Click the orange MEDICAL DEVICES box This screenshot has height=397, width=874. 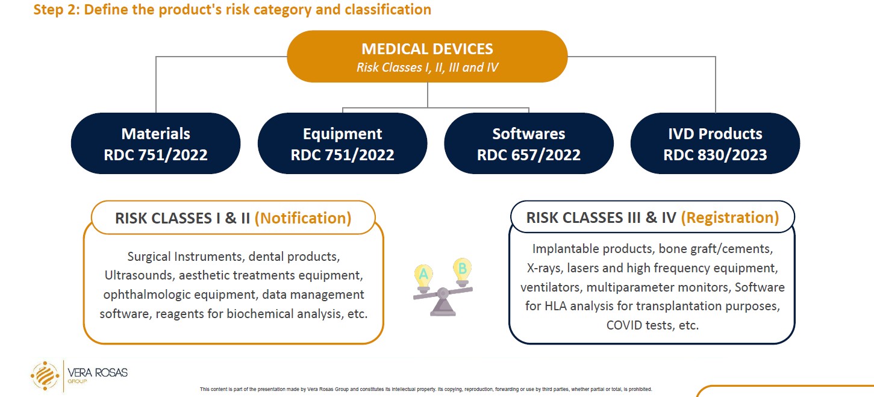pyautogui.click(x=427, y=57)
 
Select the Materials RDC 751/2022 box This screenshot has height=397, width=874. pyautogui.click(x=155, y=143)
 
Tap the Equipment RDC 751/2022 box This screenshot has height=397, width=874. pyautogui.click(x=342, y=143)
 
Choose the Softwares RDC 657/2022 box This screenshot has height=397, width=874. pyautogui.click(x=529, y=143)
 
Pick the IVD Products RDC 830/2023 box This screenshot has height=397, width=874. pyautogui.click(x=715, y=143)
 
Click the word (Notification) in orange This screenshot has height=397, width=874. pyautogui.click(x=303, y=218)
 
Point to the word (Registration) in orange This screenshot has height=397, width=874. pyautogui.click(x=729, y=217)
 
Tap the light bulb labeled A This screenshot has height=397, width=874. pyautogui.click(x=423, y=278)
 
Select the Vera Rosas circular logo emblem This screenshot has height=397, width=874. pyautogui.click(x=45, y=375)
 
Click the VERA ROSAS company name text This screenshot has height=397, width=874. pyautogui.click(x=98, y=373)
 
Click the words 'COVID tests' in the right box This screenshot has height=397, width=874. pyautogui.click(x=637, y=325)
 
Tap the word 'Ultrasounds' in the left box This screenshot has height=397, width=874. pyautogui.click(x=139, y=275)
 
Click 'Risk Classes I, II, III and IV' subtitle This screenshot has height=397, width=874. pyautogui.click(x=427, y=67)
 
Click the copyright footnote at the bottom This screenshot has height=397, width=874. pyautogui.click(x=426, y=389)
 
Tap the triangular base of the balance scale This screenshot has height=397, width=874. pyautogui.click(x=443, y=307)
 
